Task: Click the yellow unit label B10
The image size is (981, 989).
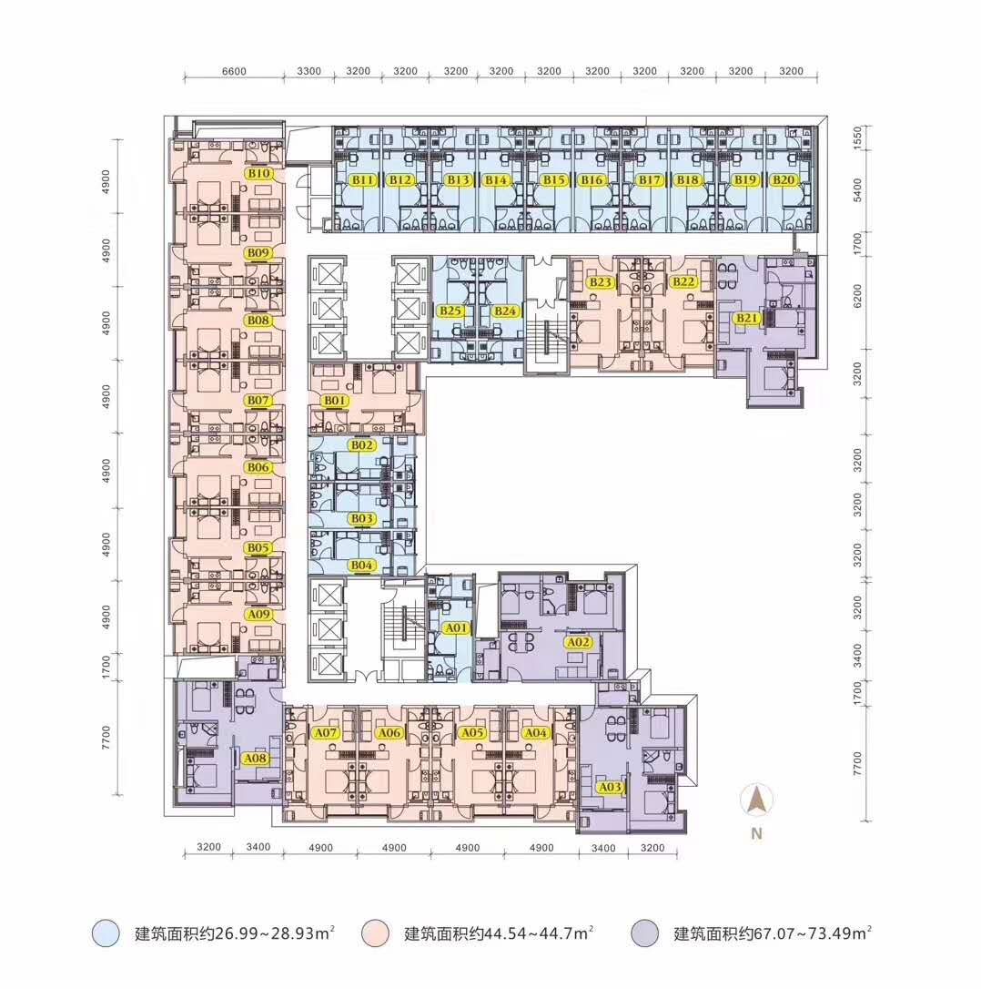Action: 259,173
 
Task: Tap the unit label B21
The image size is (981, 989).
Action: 747,319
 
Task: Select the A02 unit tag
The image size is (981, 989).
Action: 578,643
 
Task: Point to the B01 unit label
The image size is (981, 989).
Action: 335,401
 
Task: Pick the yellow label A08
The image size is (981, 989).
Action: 256,759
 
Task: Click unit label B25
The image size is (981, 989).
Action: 450,311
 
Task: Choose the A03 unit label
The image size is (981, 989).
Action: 610,787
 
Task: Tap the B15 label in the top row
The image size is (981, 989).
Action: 554,180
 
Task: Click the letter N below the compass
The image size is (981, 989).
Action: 756,834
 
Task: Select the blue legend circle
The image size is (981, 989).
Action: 106,933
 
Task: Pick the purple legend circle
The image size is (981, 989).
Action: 644,933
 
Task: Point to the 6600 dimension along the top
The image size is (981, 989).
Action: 234,71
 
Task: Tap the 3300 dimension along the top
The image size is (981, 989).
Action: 308,71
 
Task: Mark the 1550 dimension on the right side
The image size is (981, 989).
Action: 857,138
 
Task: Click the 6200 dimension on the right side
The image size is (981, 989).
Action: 857,296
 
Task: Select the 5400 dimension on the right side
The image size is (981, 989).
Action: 857,189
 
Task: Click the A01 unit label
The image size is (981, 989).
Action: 457,628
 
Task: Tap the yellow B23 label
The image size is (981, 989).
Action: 601,282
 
